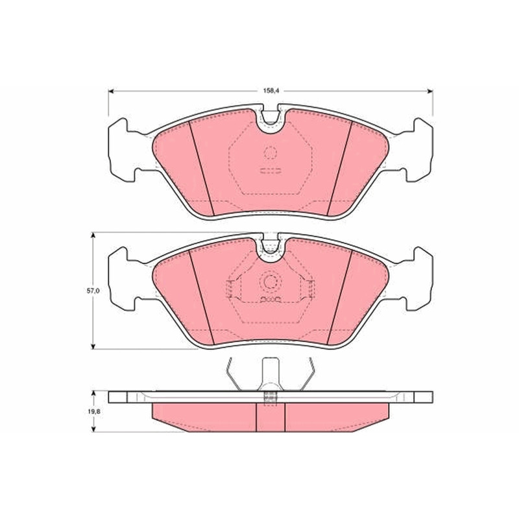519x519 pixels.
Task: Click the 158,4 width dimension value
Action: click(x=271, y=91)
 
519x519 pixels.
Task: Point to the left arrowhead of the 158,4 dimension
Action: click(x=112, y=91)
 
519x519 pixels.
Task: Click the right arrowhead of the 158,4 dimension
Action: click(x=429, y=91)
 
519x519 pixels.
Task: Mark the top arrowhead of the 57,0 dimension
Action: click(x=93, y=235)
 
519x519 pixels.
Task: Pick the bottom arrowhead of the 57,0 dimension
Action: click(x=93, y=346)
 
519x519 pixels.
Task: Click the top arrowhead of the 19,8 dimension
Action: click(x=93, y=394)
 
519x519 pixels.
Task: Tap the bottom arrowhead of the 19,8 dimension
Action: click(x=93, y=429)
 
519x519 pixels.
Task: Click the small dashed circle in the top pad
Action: click(x=271, y=152)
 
